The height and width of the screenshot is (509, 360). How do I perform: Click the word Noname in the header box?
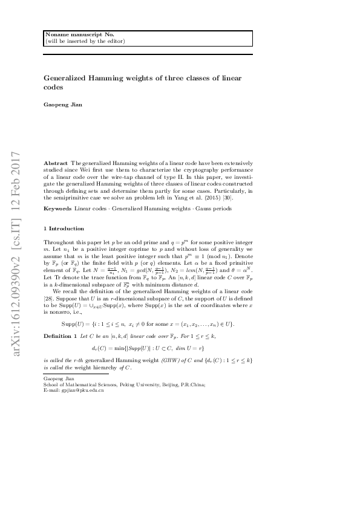click(56, 35)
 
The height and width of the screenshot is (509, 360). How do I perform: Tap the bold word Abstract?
click(56, 163)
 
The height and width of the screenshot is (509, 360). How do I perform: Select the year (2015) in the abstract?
click(206, 198)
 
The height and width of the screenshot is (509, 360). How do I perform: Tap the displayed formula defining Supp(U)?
click(148, 325)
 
